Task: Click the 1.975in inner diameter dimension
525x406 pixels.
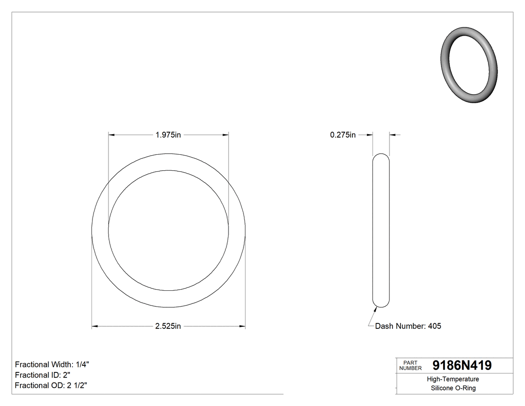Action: pyautogui.click(x=168, y=135)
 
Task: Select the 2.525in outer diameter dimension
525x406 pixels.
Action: pyautogui.click(x=168, y=326)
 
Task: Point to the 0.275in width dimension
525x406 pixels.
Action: pyautogui.click(x=342, y=135)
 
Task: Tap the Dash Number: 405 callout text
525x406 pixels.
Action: pyautogui.click(x=408, y=326)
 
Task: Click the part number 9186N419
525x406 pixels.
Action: pyautogui.click(x=461, y=365)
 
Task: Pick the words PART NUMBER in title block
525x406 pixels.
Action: pyautogui.click(x=410, y=365)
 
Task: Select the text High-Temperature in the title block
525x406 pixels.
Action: pyautogui.click(x=453, y=379)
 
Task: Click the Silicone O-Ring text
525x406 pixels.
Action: pyautogui.click(x=453, y=388)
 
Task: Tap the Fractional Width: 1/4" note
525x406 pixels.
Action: pyautogui.click(x=52, y=364)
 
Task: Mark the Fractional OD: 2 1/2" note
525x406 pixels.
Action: pyautogui.click(x=52, y=385)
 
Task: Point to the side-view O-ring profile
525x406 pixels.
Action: pyautogui.click(x=381, y=230)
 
